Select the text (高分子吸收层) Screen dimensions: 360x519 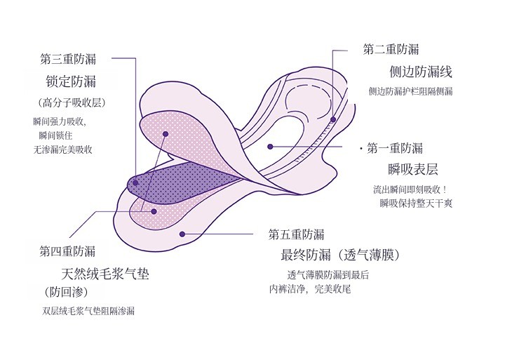[x=73, y=102]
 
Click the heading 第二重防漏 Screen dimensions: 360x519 [x=391, y=49]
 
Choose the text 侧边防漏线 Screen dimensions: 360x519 [x=421, y=72]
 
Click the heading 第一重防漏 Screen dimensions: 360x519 [x=395, y=148]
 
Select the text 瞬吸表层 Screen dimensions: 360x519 [x=413, y=169]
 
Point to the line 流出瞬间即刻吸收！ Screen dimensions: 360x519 [x=410, y=189]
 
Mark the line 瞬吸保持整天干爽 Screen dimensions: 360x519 [x=415, y=203]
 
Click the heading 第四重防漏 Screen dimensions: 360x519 [x=67, y=251]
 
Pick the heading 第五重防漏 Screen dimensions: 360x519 [x=296, y=234]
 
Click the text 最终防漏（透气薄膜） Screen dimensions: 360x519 [x=340, y=254]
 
